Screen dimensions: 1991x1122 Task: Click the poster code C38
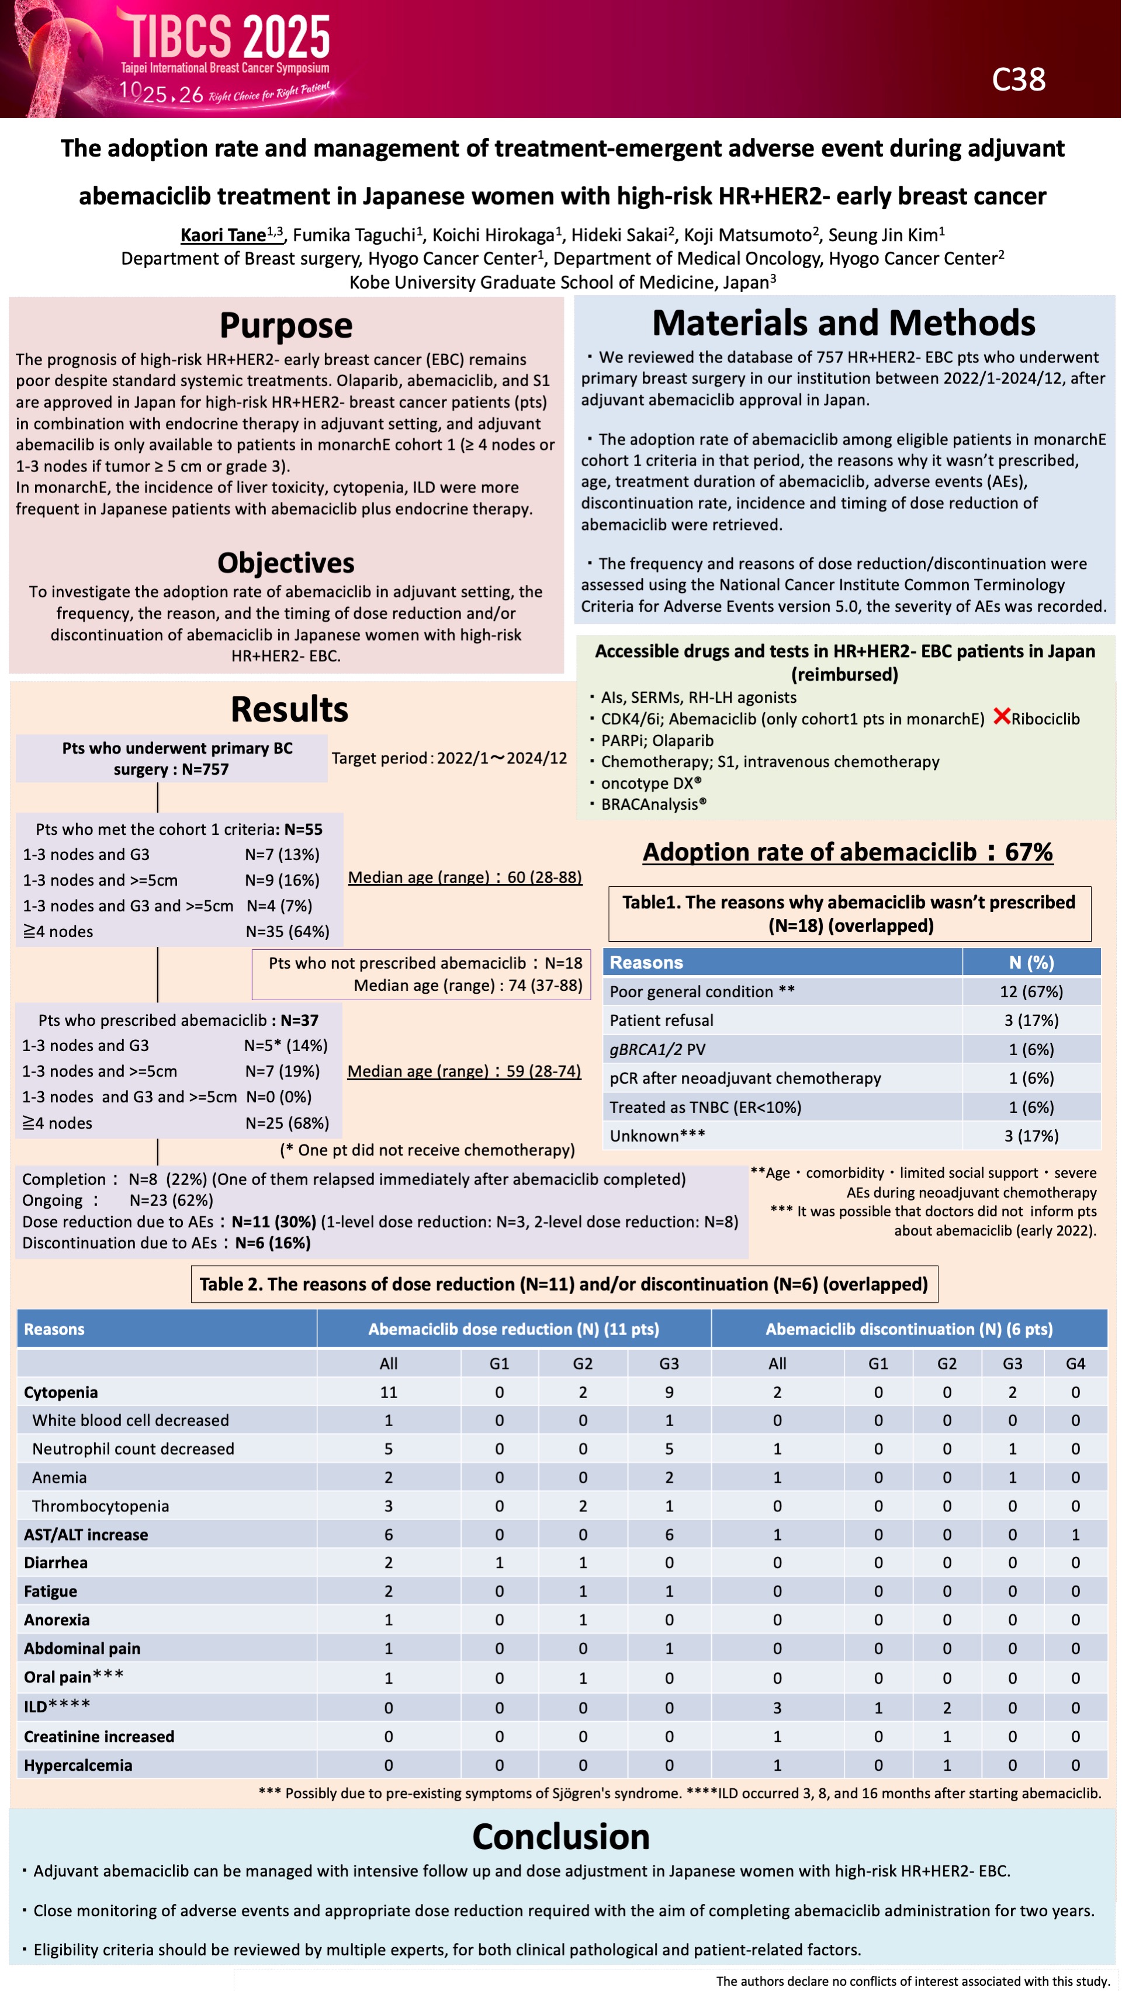click(x=1019, y=79)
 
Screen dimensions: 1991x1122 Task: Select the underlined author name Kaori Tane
click(x=223, y=235)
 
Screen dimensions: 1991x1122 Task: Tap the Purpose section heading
click(x=286, y=325)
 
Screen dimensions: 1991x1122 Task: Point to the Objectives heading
click(x=286, y=563)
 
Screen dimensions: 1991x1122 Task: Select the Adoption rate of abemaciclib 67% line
click(x=847, y=852)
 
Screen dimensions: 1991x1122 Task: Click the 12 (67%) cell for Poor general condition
click(x=1031, y=991)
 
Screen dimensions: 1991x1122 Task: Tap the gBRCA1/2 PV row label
click(x=657, y=1050)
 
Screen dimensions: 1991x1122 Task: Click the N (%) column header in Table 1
click(x=1031, y=962)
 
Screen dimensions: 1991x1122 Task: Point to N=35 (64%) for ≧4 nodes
click(x=288, y=931)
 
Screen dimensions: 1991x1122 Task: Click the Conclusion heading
click(x=560, y=1836)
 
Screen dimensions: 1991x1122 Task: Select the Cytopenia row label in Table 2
click(x=61, y=1392)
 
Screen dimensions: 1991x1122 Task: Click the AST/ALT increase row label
click(x=86, y=1534)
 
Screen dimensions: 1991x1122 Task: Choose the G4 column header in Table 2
click(x=1075, y=1364)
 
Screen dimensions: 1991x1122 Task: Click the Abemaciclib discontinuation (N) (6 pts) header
click(x=909, y=1329)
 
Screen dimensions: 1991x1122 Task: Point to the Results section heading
click(x=289, y=709)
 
